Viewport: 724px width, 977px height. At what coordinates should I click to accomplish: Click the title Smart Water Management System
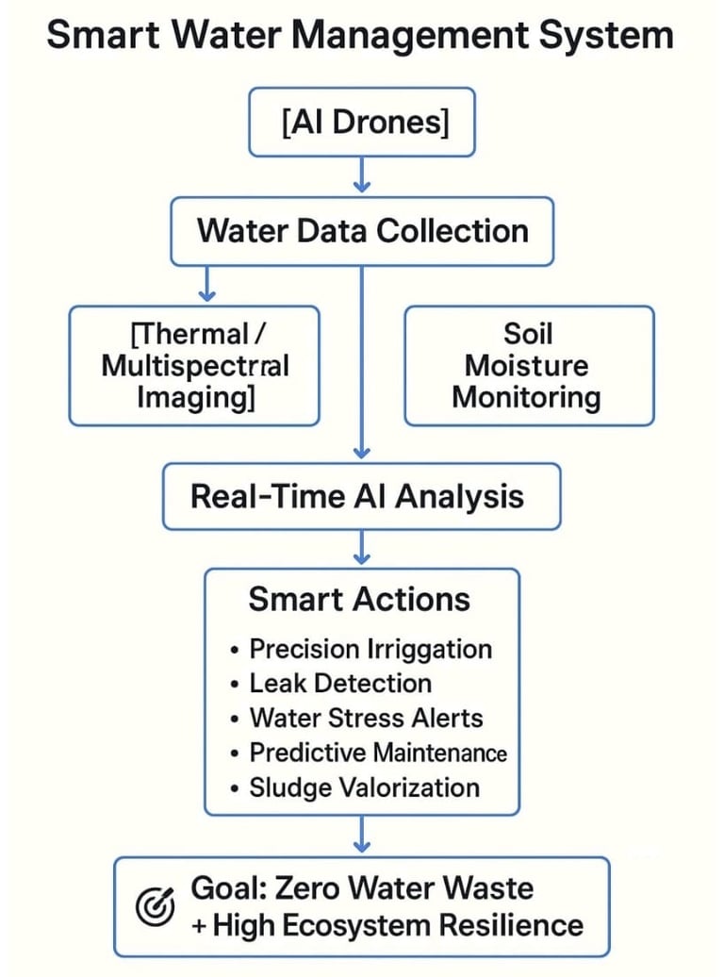point(361,36)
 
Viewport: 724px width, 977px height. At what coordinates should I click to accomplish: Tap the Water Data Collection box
point(362,232)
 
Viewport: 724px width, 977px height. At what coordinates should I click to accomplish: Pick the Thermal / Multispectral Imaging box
point(194,365)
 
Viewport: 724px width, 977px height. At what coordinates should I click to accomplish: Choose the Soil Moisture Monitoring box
point(528,365)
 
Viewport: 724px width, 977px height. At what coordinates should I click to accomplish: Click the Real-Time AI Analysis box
point(362,496)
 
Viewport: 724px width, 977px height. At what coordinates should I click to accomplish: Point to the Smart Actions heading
point(359,600)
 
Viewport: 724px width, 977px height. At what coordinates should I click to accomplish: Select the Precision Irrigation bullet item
point(370,649)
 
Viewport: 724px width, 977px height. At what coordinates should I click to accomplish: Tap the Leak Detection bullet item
point(339,684)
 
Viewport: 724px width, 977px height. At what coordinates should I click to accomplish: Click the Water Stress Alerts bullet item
point(366,719)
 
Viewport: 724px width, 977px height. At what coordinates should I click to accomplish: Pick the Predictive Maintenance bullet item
point(377,753)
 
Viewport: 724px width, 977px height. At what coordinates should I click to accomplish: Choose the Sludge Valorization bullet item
point(364,787)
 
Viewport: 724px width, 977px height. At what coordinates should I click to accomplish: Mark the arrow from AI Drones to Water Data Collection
point(363,173)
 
